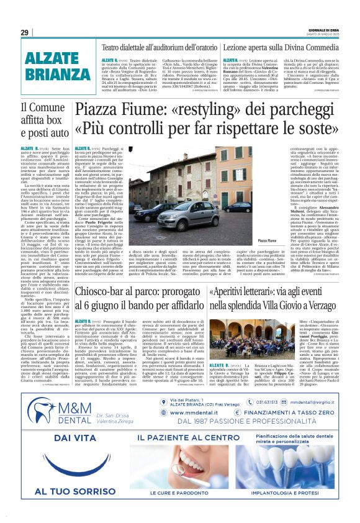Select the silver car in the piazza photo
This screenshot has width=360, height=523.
tap(177, 208)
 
